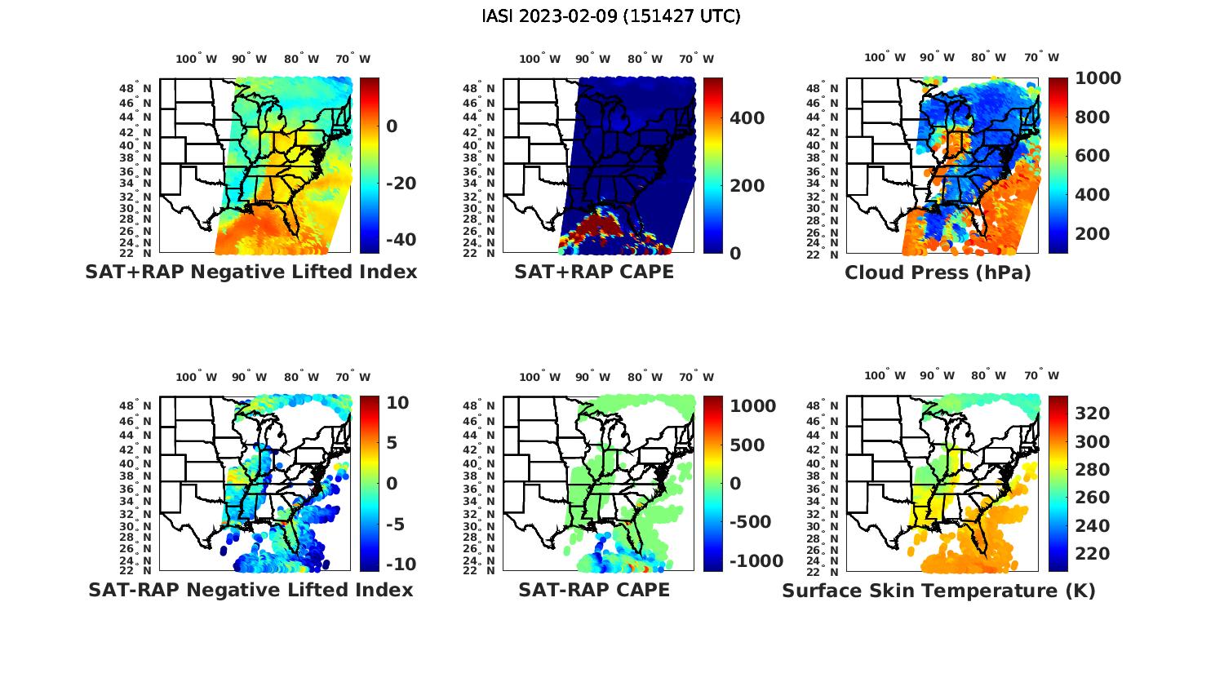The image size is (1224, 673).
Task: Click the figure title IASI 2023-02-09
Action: click(611, 16)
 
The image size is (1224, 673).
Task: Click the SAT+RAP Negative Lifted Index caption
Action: click(251, 272)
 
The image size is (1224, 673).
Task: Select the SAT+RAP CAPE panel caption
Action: click(594, 272)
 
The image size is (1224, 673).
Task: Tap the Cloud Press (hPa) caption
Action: click(938, 272)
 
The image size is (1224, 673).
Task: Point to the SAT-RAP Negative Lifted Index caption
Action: click(251, 590)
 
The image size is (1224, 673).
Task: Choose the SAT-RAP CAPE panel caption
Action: click(594, 590)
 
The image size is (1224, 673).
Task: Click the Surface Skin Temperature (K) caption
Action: click(938, 591)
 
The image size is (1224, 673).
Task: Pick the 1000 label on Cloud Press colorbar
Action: click(1098, 78)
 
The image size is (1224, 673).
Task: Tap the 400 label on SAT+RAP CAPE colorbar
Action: click(747, 118)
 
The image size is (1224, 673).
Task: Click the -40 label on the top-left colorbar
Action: click(400, 240)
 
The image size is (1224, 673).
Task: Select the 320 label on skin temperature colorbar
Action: click(1092, 414)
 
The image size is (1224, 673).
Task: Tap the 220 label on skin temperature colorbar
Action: click(1092, 554)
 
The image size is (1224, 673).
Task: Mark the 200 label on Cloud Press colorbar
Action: click(1092, 234)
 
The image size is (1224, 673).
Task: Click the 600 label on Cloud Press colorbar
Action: click(1092, 156)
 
